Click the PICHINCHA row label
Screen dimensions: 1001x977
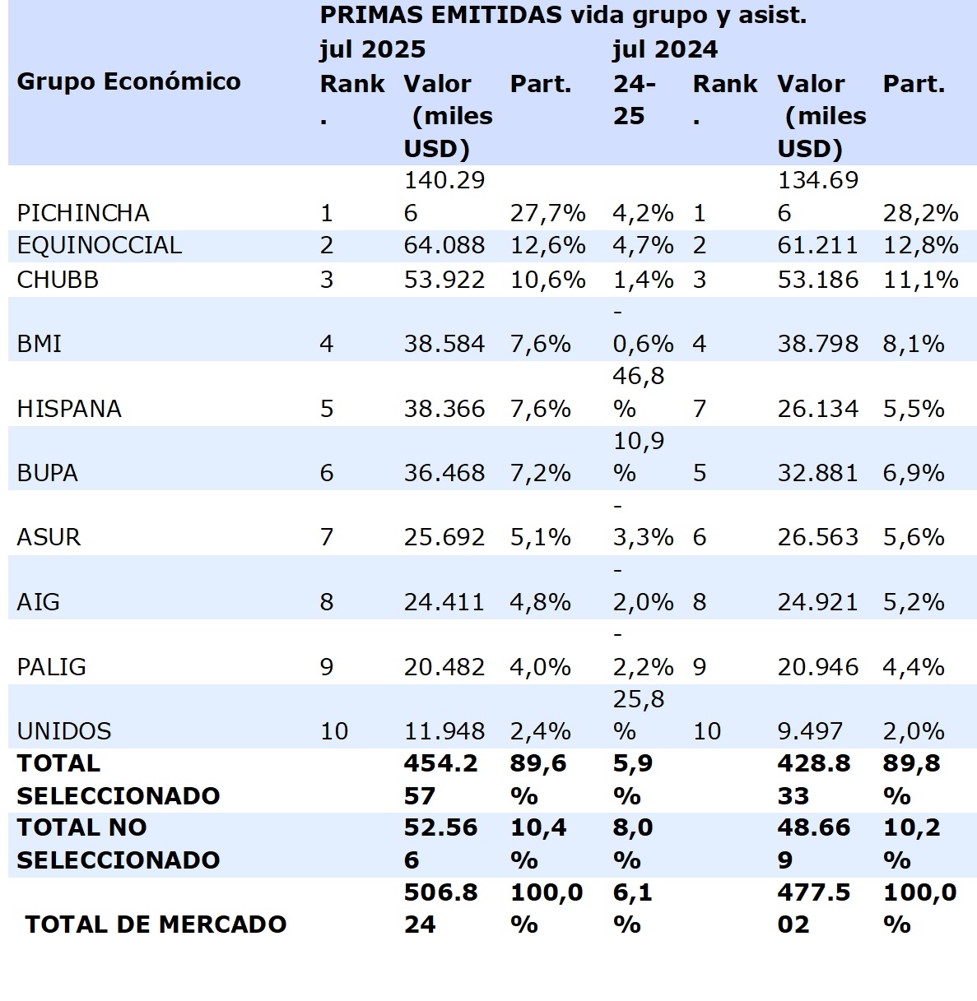pyautogui.click(x=83, y=213)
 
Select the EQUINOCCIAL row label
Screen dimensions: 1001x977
pyautogui.click(x=99, y=245)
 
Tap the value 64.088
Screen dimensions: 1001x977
pyautogui.click(x=444, y=245)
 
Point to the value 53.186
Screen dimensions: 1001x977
pyautogui.click(x=817, y=280)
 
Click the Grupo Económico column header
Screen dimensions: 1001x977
pyautogui.click(x=128, y=81)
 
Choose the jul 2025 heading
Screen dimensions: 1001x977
pyautogui.click(x=372, y=49)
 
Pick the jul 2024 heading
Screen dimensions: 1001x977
pyautogui.click(x=664, y=49)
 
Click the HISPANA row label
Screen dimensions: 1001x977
pyautogui.click(x=69, y=409)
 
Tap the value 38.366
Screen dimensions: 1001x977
pyautogui.click(x=444, y=409)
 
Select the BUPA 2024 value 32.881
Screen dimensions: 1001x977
pyautogui.click(x=817, y=473)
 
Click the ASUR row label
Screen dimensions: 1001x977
pyautogui.click(x=49, y=537)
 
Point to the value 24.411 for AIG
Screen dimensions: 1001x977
pyautogui.click(x=444, y=602)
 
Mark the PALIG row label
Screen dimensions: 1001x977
pyautogui.click(x=51, y=666)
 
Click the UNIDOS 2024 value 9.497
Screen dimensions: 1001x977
pyautogui.click(x=810, y=730)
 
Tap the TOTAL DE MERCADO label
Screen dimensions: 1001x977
pyautogui.click(x=156, y=924)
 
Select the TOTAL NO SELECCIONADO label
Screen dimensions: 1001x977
pyautogui.click(x=118, y=843)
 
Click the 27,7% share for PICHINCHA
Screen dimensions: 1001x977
pyautogui.click(x=547, y=213)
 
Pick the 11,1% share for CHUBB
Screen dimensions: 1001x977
pyautogui.click(x=920, y=280)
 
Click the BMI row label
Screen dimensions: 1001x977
pyautogui.click(x=40, y=344)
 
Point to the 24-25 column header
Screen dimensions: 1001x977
pyautogui.click(x=634, y=100)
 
